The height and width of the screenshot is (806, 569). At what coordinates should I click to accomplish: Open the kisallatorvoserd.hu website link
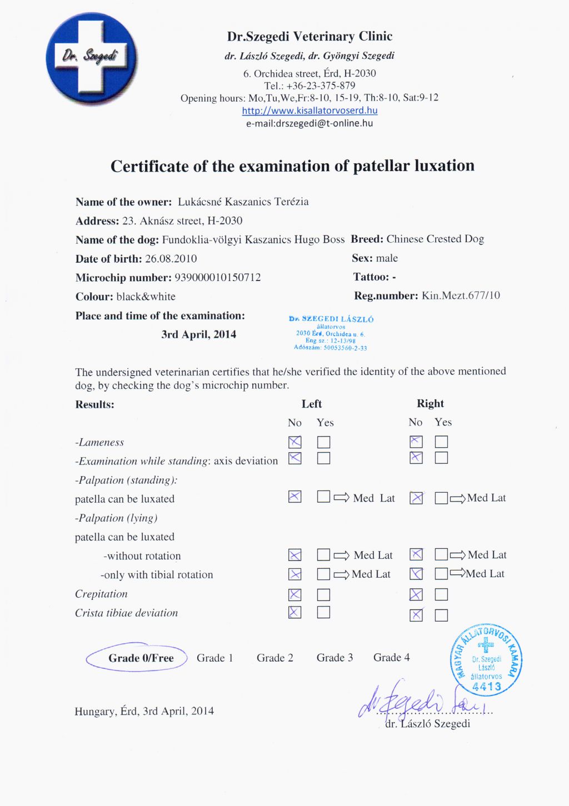310,111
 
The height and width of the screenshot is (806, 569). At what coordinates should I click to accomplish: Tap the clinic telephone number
321,86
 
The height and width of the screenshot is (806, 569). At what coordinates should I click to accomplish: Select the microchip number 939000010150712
217,278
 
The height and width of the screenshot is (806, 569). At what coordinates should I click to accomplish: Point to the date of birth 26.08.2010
171,259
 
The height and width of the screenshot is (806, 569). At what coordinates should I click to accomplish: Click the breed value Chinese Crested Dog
435,239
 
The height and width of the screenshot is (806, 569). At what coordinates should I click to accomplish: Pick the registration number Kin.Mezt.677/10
461,296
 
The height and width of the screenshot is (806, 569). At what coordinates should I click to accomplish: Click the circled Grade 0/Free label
141,658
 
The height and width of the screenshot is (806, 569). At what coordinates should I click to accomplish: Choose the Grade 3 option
335,658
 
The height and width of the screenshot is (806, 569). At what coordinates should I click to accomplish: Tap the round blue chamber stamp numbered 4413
486,660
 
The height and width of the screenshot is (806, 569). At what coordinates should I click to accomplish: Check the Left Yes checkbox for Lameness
323,442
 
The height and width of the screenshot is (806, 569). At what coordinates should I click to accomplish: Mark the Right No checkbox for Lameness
416,442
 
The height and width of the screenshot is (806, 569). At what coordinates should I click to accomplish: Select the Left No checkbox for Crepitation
295,595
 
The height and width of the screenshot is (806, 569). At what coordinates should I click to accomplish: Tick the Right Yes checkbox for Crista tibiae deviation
441,615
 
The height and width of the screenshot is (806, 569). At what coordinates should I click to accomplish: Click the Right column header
430,404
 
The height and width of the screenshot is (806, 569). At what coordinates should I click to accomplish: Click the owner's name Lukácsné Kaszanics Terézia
243,202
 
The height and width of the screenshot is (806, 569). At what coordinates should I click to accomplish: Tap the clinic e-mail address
310,123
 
